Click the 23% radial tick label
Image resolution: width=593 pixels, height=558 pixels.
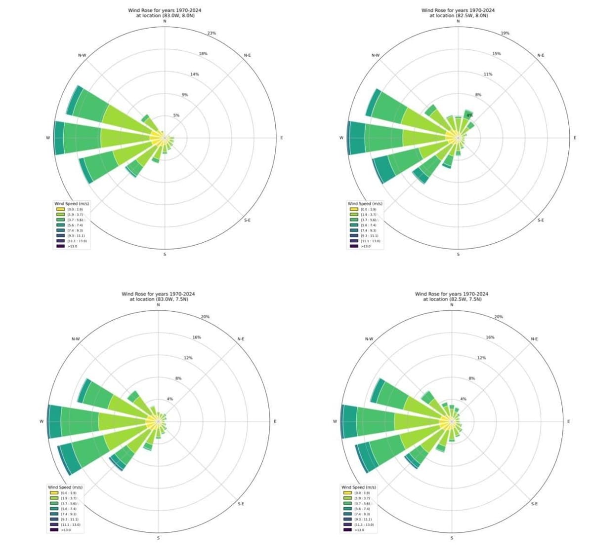point(212,33)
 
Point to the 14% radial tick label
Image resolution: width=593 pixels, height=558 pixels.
point(194,74)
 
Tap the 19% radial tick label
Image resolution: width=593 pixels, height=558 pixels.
point(505,33)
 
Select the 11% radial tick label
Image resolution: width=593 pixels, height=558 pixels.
point(488,74)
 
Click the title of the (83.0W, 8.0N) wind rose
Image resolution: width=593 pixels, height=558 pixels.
point(165,13)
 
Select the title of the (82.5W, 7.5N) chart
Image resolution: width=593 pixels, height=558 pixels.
point(452,297)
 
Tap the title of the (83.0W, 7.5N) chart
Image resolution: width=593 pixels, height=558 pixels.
point(158,297)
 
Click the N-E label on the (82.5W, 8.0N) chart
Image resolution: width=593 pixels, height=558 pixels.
point(541,55)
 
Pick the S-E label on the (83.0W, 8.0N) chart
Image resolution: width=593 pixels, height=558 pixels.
point(247,220)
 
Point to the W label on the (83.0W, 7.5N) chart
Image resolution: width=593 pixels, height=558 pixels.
point(42,421)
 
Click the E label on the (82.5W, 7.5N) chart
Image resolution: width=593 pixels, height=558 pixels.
point(568,421)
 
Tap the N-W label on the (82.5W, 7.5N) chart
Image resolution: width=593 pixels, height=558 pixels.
point(369,339)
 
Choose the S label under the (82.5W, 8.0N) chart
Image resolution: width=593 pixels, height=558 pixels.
point(458,255)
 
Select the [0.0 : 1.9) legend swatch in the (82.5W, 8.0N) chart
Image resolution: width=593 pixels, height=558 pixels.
point(354,209)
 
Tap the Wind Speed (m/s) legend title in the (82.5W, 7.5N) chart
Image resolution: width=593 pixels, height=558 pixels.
point(358,487)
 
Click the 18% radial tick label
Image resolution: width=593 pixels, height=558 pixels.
point(203,53)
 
